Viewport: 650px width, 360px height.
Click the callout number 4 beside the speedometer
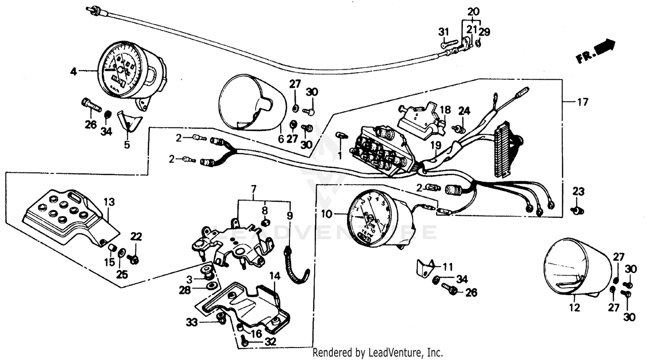(74, 71)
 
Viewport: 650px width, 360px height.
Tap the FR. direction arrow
(596, 51)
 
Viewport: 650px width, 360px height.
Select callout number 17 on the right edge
(583, 102)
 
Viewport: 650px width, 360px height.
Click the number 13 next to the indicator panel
(110, 202)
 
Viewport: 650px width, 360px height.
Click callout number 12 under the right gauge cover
(574, 308)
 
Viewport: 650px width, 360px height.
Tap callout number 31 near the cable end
(443, 32)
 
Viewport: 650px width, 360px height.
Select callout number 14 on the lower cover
(275, 275)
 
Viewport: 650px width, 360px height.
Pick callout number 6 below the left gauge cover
(280, 139)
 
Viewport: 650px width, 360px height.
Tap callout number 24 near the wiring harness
(464, 110)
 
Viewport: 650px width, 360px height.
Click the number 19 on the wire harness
(435, 146)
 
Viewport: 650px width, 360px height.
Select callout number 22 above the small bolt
(136, 237)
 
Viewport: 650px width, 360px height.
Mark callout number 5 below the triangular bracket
(127, 145)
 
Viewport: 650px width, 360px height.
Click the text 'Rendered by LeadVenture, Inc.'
(377, 352)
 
